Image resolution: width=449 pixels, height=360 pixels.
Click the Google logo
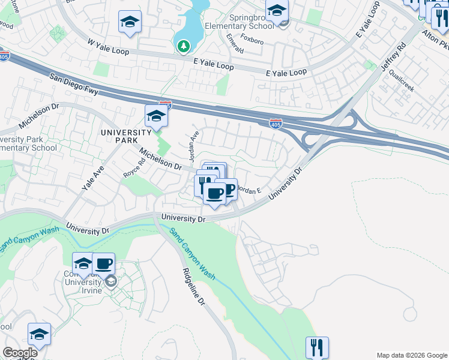click(x=20, y=353)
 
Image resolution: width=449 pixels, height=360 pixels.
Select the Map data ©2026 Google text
click(x=411, y=355)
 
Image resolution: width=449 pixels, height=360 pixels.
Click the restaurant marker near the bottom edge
click(x=317, y=347)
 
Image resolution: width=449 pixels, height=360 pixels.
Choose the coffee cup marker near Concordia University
click(x=103, y=263)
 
